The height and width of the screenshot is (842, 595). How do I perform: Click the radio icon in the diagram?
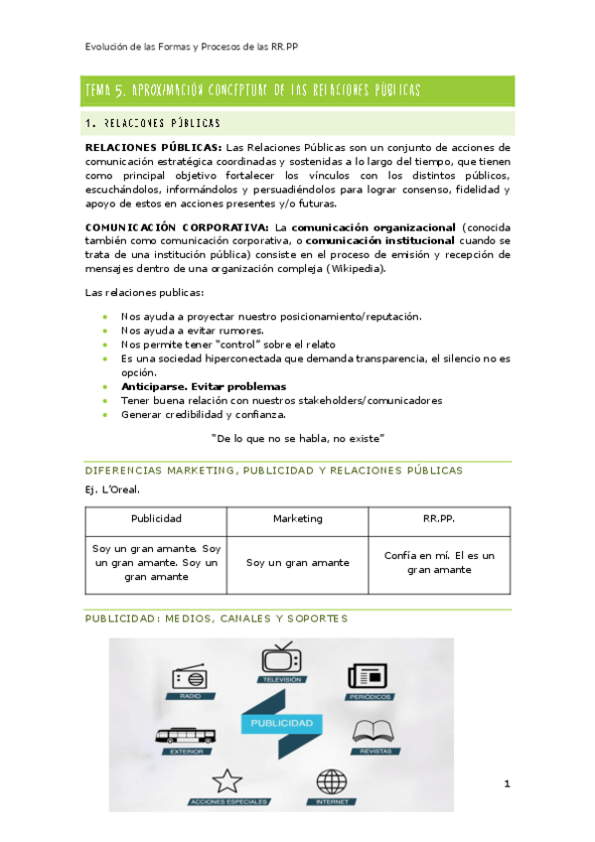[x=190, y=678]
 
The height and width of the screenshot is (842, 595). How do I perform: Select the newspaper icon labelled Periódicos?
[x=368, y=675]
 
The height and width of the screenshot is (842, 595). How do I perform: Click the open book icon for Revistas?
[x=374, y=732]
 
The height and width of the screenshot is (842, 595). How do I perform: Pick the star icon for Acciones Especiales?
[x=226, y=780]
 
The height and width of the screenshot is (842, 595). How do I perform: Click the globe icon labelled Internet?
[x=332, y=780]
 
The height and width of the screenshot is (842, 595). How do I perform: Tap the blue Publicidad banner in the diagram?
[x=281, y=722]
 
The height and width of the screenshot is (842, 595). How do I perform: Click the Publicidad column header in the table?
[x=156, y=519]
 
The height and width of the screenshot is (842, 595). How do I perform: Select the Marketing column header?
[x=298, y=519]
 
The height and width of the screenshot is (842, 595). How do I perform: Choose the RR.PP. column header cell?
[x=438, y=519]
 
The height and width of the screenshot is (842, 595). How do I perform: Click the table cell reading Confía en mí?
[x=438, y=562]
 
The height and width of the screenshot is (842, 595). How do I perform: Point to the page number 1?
[x=507, y=785]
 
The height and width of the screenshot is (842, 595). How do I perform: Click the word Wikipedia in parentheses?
[x=353, y=269]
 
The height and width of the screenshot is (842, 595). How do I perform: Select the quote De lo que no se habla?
[x=298, y=438]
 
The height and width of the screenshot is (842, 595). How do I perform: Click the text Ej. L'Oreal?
[x=113, y=490]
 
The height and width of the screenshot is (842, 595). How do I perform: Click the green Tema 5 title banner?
[x=298, y=90]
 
